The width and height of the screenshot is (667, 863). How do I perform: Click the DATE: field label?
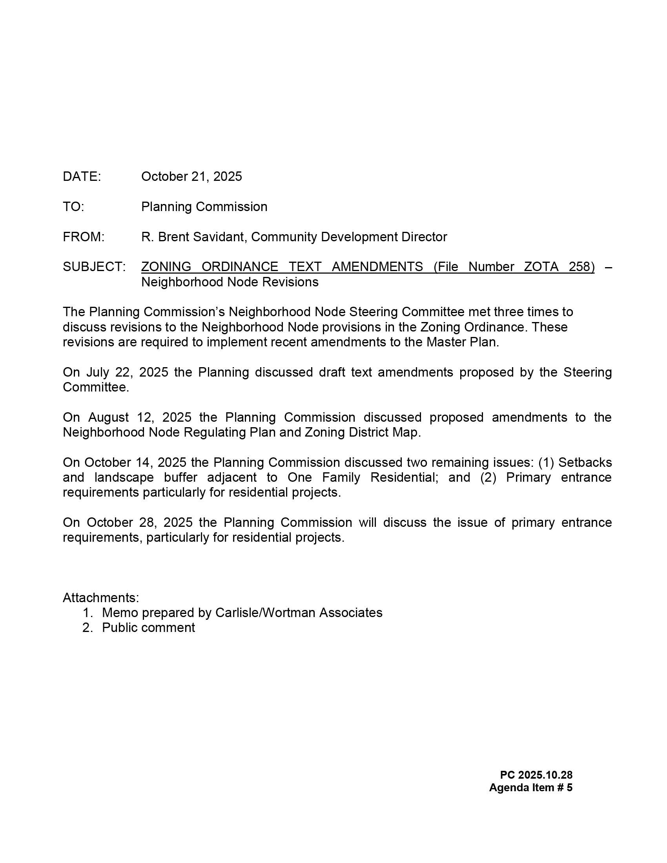click(x=82, y=177)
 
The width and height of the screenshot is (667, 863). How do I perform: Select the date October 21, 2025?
click(x=191, y=177)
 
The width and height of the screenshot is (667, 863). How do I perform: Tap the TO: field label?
click(x=73, y=207)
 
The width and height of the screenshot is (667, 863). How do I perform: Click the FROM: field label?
click(x=83, y=237)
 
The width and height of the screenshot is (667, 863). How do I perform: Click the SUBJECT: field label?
click(x=94, y=267)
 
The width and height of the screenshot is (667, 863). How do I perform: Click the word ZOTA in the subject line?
click(x=541, y=267)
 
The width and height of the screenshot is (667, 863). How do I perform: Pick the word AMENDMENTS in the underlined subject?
click(x=377, y=267)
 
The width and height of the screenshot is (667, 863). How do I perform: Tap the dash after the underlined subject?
click(x=608, y=267)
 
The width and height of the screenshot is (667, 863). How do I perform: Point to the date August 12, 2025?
click(x=140, y=417)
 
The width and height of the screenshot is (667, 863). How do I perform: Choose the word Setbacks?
click(x=585, y=462)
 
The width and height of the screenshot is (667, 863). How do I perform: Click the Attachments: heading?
click(x=101, y=598)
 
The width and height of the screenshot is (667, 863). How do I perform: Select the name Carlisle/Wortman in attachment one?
click(x=265, y=613)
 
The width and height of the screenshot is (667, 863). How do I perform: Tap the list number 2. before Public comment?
click(x=87, y=628)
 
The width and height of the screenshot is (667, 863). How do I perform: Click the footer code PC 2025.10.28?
click(x=536, y=775)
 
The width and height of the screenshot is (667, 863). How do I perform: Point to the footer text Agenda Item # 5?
click(x=530, y=788)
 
